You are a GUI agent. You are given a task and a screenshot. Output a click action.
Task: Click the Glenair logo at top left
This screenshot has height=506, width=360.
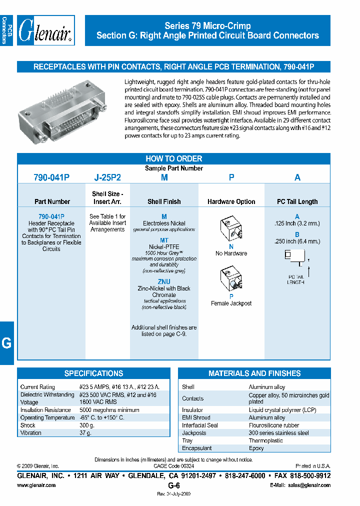coord(45,31)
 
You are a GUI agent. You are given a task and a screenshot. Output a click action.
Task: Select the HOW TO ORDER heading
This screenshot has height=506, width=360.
coord(173,158)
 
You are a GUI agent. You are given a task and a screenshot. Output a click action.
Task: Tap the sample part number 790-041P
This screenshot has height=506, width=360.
coord(51,177)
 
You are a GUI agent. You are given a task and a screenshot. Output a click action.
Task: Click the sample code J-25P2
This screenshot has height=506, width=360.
coord(107,177)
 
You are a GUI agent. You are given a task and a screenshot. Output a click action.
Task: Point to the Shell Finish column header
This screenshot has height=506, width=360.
coord(164,201)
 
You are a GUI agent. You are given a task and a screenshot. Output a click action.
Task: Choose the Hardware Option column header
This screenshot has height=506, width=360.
coord(231,201)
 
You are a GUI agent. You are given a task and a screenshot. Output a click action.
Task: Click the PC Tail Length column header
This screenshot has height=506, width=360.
coord(297,201)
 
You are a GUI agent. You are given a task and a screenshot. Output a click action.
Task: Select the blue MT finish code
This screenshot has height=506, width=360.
coord(164,240)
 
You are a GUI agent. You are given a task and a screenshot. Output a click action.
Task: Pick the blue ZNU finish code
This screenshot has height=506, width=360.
coord(164,281)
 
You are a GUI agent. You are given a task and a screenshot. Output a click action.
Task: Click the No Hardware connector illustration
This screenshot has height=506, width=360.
coord(231,229)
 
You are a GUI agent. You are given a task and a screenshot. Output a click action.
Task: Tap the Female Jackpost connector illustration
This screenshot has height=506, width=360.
coord(231,279)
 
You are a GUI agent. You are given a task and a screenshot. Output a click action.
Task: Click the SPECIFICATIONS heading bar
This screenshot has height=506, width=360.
coord(93,373)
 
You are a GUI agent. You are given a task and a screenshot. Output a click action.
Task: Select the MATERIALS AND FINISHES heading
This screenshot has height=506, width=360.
coord(254,373)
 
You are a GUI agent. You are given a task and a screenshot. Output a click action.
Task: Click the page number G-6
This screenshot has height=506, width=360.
coord(173,485)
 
